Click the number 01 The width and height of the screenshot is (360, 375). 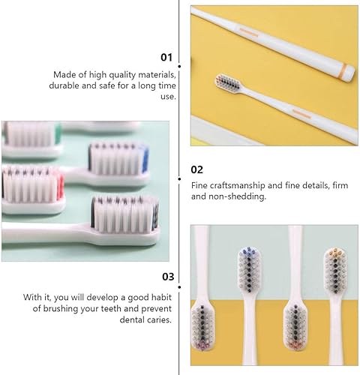click(x=166, y=57)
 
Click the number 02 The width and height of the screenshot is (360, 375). click(x=197, y=169)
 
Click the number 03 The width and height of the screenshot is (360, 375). click(x=167, y=277)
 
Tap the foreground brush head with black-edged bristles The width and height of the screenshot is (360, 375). click(x=125, y=214)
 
